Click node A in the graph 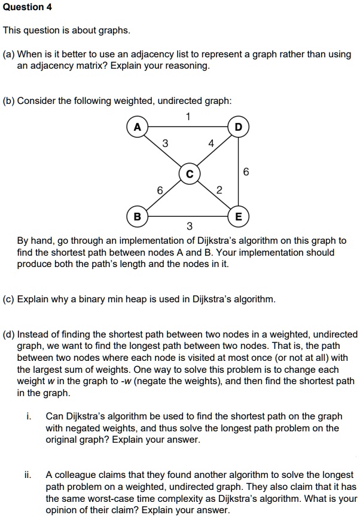[x=138, y=127]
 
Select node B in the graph [x=138, y=216]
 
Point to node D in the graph [x=239, y=127]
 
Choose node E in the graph [x=239, y=216]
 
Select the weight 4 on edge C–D [x=210, y=143]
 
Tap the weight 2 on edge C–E [x=219, y=191]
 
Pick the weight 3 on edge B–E [x=189, y=226]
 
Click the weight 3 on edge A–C [x=165, y=143]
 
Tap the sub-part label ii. [x=28, y=475]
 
